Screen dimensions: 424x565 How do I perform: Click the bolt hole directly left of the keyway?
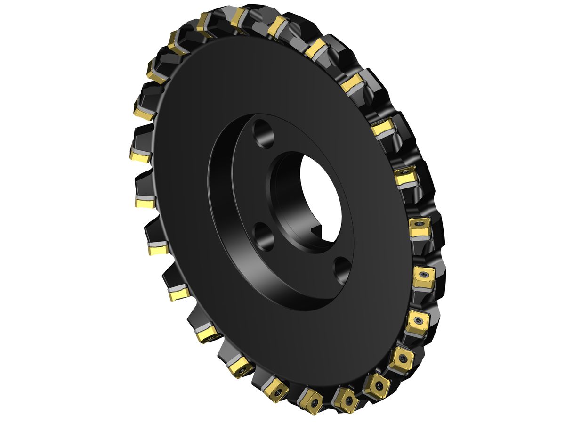[x=263, y=236]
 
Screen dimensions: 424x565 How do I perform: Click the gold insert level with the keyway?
[x=420, y=227]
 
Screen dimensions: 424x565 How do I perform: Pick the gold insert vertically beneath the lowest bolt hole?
[x=345, y=397]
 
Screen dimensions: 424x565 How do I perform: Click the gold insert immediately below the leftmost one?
[x=145, y=203]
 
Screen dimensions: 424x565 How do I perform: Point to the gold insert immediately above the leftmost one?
[x=143, y=110]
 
